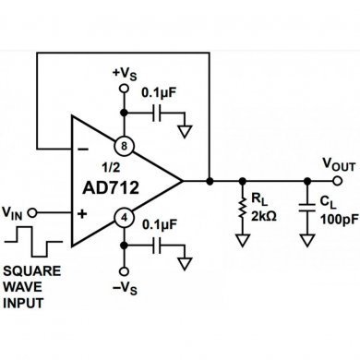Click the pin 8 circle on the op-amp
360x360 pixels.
[x=122, y=145]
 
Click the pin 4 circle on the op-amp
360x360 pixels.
[x=122, y=217]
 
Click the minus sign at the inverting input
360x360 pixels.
[x=84, y=146]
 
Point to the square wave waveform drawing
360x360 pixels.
[x=31, y=248]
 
